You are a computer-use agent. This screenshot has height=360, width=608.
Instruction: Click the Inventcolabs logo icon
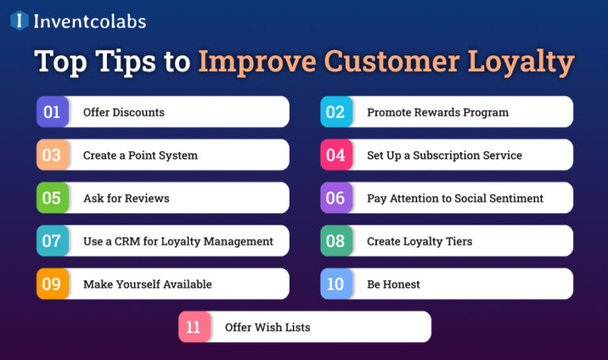(19, 21)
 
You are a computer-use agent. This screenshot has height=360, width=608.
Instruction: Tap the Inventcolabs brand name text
(89, 21)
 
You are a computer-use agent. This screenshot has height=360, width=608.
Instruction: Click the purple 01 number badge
(51, 112)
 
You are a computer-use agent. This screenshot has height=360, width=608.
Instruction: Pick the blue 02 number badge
(336, 112)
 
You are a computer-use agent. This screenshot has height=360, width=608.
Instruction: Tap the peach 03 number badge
(51, 155)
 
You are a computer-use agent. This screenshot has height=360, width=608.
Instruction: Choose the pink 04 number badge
(336, 155)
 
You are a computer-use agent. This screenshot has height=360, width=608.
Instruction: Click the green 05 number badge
(51, 198)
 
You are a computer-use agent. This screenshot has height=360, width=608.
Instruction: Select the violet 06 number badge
(336, 198)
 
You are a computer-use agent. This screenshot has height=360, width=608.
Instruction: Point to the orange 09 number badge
(51, 284)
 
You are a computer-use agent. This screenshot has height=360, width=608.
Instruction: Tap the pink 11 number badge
(194, 327)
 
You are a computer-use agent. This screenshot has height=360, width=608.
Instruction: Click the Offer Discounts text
(123, 112)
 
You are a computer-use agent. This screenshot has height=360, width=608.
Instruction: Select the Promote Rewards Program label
(438, 112)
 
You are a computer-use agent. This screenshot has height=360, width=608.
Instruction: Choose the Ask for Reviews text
(126, 198)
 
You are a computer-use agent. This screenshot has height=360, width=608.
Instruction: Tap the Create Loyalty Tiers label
(419, 241)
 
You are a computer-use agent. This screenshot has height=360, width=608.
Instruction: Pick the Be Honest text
(393, 284)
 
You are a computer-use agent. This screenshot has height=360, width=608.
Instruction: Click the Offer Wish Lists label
(267, 327)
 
